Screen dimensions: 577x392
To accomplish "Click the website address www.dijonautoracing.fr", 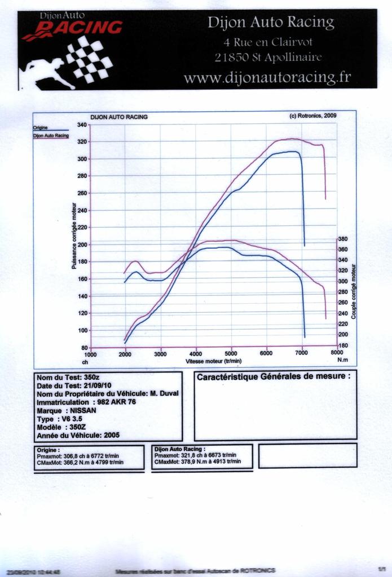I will click(x=267, y=77).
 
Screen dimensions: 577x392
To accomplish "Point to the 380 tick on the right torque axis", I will click(x=343, y=239).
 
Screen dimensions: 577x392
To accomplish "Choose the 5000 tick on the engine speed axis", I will click(x=231, y=354).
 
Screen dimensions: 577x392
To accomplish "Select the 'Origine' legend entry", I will click(x=40, y=128).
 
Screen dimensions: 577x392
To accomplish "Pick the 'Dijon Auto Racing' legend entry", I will click(x=51, y=136).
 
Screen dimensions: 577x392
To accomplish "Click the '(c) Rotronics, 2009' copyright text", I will click(x=313, y=116).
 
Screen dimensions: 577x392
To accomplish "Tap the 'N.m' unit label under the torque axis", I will click(x=342, y=359).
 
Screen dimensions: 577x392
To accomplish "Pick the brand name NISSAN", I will click(x=83, y=411).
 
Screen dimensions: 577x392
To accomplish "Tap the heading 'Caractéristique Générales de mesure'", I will click(x=273, y=376).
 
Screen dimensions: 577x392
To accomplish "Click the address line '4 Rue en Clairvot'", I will click(x=267, y=42).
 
